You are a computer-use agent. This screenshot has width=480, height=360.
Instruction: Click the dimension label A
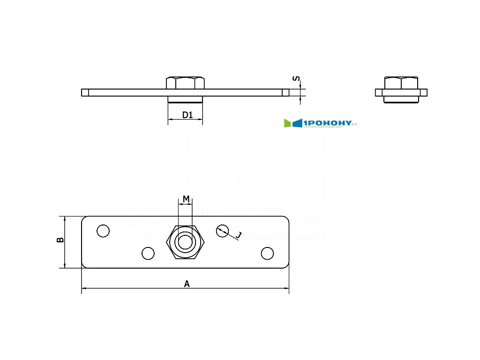[x=187, y=283]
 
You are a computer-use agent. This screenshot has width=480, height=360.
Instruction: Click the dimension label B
[x=60, y=240]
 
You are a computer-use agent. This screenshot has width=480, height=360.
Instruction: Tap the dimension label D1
[x=187, y=115]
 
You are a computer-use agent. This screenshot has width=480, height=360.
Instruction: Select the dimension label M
[x=186, y=199]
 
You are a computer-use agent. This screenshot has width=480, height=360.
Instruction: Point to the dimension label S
[x=295, y=79]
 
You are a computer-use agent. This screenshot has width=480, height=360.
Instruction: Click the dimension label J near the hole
[x=239, y=235]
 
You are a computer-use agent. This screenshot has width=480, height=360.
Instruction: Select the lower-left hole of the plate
[x=148, y=253]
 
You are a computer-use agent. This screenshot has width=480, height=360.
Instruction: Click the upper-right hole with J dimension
[x=223, y=230]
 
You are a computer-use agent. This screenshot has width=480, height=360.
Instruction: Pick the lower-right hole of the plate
[x=267, y=253]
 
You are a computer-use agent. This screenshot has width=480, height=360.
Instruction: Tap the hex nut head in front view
[x=186, y=82]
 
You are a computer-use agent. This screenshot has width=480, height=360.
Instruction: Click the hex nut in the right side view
[x=401, y=83]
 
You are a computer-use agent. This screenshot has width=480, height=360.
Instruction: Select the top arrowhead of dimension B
[x=65, y=218]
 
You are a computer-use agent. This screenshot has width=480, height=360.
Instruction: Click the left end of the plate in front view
[x=84, y=92]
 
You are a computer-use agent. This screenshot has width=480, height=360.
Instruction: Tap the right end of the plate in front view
[x=286, y=92]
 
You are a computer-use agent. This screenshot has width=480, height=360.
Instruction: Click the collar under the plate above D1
[x=186, y=99]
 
